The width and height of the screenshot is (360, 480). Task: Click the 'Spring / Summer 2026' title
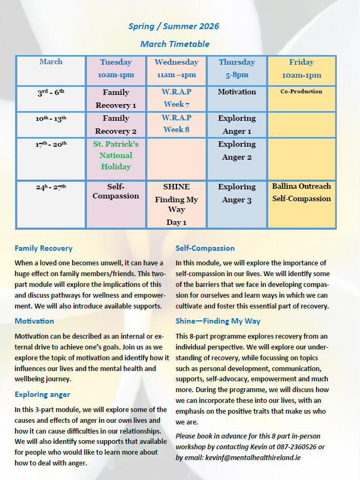point(174,26)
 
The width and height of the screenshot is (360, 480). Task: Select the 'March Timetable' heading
point(174,44)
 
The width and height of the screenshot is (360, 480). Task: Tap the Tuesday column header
point(116,68)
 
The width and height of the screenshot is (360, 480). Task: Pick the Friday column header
point(301,68)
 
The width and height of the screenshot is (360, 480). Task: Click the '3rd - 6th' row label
point(51,92)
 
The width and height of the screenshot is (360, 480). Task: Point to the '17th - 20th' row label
point(51,145)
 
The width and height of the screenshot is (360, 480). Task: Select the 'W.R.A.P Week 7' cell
point(176,98)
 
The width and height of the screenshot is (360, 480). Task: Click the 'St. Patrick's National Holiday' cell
point(116,155)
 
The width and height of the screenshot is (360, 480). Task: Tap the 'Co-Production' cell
point(301,92)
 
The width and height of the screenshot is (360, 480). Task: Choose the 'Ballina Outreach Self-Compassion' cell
point(301,193)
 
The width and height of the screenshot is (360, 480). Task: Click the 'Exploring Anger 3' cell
point(237,194)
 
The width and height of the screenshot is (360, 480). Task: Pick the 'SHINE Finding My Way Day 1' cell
point(176,204)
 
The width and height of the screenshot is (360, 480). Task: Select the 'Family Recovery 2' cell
point(116,125)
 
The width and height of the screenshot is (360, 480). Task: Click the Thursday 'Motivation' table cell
point(237,92)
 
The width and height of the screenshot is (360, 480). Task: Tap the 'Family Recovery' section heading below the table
point(44,249)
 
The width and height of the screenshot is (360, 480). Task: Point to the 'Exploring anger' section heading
point(42,394)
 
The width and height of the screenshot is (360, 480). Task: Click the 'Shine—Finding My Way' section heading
point(218,321)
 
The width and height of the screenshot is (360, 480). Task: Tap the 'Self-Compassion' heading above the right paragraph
point(205,249)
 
